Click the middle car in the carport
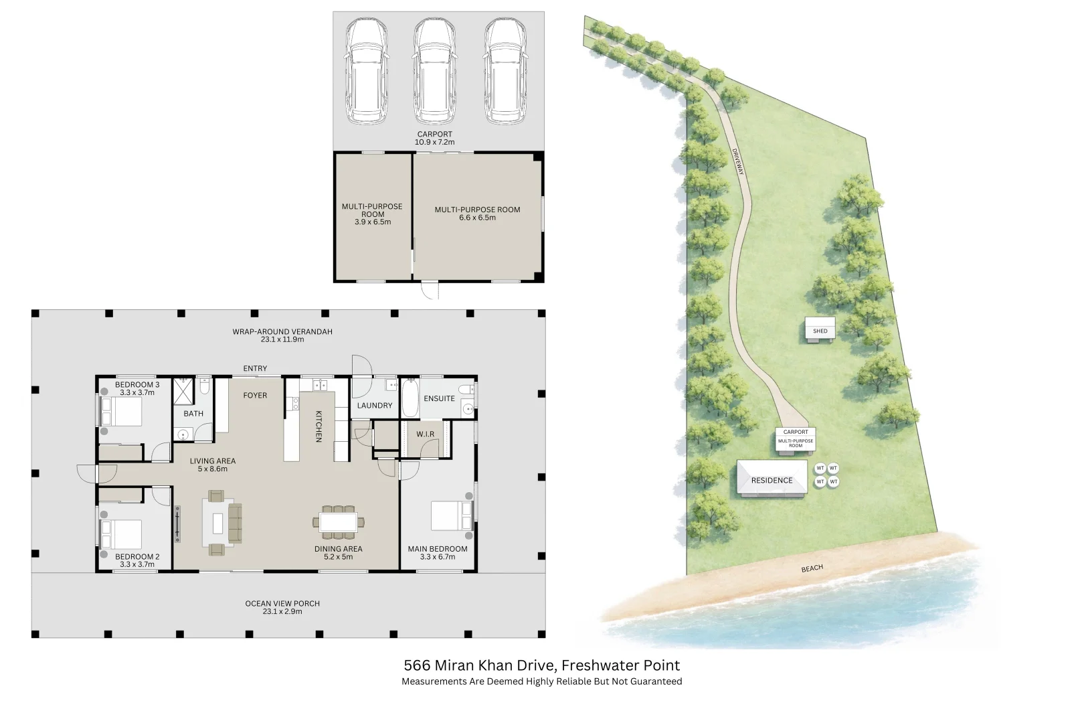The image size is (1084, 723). [435, 70]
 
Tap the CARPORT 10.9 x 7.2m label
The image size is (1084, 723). [434, 138]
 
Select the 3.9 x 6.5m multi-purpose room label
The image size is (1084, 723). [372, 214]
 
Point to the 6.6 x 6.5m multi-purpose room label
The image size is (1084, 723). [477, 214]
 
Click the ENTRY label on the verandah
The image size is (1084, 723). [255, 369]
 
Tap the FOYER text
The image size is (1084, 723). [255, 396]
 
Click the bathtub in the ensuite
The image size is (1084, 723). [409, 399]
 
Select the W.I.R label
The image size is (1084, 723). [426, 434]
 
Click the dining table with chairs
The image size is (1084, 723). [339, 521]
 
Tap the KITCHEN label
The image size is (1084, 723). [319, 426]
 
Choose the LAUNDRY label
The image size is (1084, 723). [375, 406]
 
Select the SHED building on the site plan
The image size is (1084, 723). [820, 330]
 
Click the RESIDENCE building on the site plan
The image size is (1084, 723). [772, 479]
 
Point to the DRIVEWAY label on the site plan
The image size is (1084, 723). [737, 161]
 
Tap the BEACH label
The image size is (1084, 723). [812, 568]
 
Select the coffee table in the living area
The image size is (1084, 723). [217, 523]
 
